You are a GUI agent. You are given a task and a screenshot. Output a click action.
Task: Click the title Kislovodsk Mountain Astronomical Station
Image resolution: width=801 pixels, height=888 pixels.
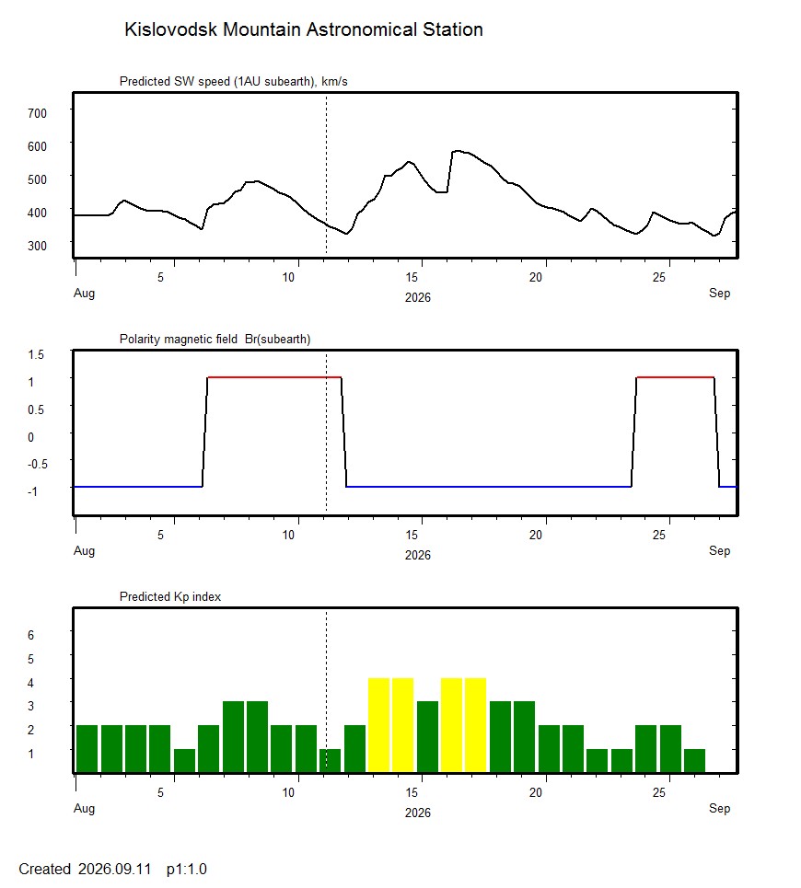[x=304, y=29]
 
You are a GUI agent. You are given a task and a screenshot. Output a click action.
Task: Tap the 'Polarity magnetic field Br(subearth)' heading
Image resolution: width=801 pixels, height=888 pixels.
[x=215, y=340]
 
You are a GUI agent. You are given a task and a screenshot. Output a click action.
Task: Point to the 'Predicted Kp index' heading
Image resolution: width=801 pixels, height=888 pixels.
[x=170, y=596]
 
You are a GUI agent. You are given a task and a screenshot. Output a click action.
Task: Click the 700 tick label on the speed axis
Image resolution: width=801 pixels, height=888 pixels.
[x=38, y=113]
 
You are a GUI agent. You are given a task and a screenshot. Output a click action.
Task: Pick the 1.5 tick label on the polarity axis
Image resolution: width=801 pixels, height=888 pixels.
[x=36, y=354]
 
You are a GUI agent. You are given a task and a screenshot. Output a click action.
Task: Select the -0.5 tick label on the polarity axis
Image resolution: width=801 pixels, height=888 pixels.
[x=38, y=465]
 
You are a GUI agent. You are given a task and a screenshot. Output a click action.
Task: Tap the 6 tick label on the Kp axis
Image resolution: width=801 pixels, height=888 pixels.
[x=30, y=635]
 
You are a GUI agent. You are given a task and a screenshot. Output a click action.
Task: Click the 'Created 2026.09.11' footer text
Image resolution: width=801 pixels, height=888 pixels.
[x=85, y=869]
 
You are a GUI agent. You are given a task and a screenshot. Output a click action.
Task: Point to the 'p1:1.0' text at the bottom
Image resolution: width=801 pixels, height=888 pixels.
[x=186, y=869]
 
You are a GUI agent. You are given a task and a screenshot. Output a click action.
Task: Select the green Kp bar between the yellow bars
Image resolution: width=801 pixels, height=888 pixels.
[x=428, y=736]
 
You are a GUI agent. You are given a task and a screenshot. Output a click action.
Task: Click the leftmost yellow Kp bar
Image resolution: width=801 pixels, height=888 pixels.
[x=379, y=724]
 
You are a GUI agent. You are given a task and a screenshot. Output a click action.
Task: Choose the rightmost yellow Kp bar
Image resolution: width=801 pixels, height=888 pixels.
[x=476, y=724]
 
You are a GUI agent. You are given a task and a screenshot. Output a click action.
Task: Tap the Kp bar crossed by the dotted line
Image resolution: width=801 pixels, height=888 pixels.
[x=331, y=760]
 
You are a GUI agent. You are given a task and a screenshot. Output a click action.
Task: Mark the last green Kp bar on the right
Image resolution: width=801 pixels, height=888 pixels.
[x=694, y=760]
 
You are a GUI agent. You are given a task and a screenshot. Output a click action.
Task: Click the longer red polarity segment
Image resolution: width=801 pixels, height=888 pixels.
[x=274, y=377]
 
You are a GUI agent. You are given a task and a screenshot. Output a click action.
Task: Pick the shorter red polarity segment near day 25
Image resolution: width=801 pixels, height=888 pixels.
[x=675, y=377]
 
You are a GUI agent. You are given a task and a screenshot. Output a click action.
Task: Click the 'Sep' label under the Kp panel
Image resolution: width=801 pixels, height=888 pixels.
[x=719, y=808]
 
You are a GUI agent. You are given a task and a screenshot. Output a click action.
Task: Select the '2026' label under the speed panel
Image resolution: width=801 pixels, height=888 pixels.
[x=417, y=297]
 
